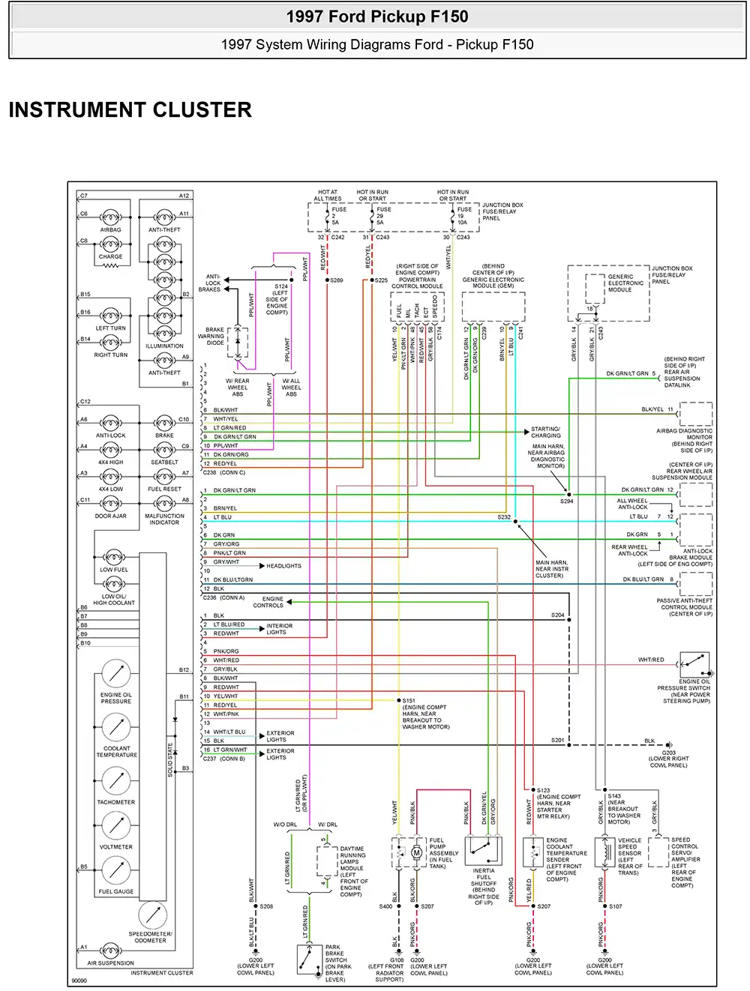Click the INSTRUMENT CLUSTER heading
click(130, 110)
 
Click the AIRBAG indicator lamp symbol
click(110, 217)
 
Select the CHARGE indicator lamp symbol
click(110, 244)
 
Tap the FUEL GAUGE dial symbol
click(116, 870)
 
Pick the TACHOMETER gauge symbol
click(116, 781)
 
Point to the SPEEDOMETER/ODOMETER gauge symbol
click(152, 915)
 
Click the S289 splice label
click(336, 280)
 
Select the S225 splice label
click(381, 280)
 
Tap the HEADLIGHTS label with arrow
click(283, 566)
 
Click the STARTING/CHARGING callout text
click(545, 433)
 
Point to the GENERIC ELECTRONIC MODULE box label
click(625, 283)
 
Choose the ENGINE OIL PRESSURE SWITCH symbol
click(694, 664)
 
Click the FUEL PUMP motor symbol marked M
click(417, 852)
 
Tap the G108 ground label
click(397, 960)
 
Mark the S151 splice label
click(409, 700)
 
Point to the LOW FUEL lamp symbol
click(114, 557)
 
